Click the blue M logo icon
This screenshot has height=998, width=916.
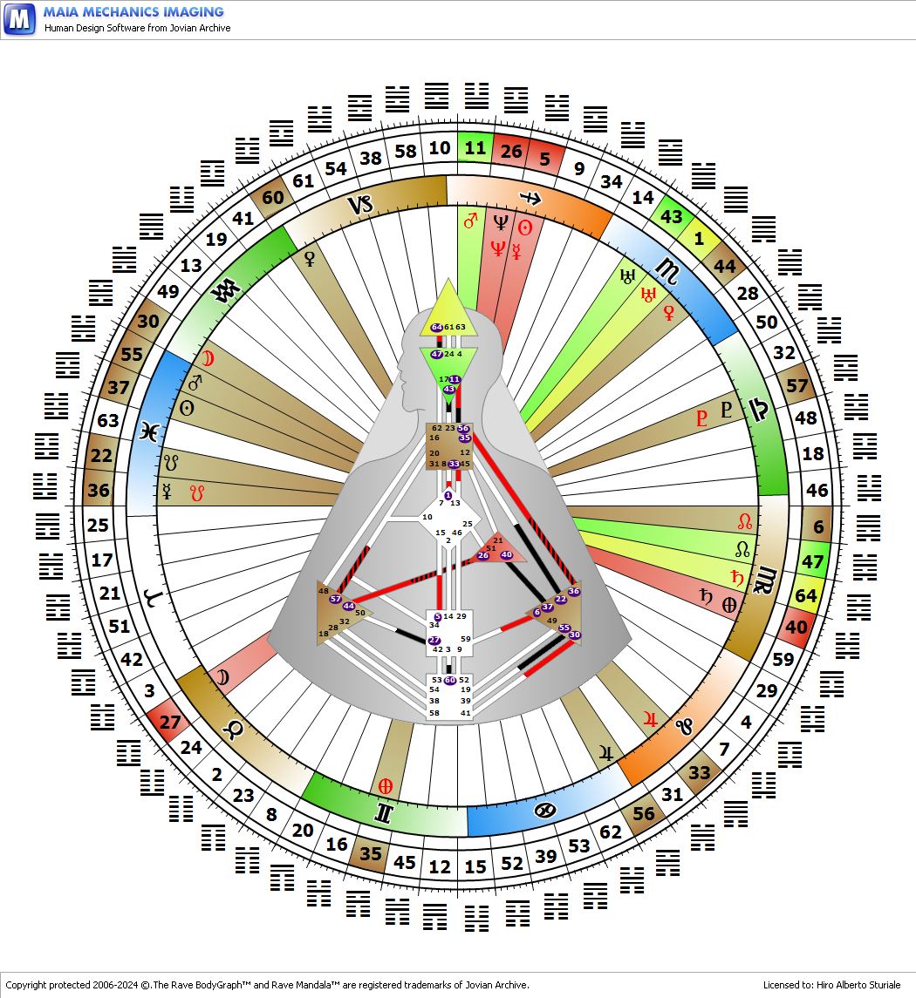(x=20, y=18)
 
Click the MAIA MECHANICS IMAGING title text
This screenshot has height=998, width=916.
(x=133, y=12)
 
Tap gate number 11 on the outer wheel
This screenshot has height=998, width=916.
(x=475, y=147)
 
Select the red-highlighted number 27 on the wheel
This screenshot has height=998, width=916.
(x=171, y=722)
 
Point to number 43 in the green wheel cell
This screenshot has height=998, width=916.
(x=671, y=217)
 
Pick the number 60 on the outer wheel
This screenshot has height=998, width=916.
(x=273, y=197)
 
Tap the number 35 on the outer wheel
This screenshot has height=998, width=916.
(x=371, y=853)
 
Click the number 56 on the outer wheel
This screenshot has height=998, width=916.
(x=644, y=814)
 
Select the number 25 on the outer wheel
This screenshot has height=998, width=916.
(x=99, y=526)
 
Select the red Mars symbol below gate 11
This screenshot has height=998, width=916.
(x=470, y=222)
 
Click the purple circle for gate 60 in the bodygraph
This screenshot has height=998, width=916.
(x=450, y=680)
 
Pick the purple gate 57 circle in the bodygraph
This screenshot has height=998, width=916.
(x=335, y=600)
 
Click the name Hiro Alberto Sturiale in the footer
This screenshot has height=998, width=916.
(x=858, y=985)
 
